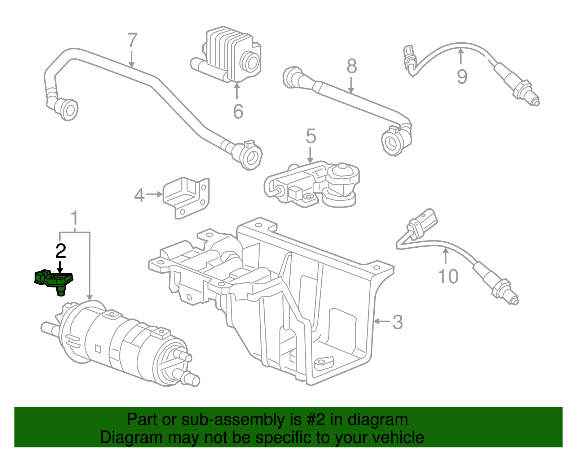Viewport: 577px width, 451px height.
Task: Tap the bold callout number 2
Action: [x=61, y=251]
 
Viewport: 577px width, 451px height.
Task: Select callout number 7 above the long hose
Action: [x=132, y=40]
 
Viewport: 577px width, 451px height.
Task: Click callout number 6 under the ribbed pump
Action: [x=238, y=111]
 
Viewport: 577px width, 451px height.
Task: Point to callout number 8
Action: [x=352, y=66]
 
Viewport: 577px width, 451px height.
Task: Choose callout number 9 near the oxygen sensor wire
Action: [x=462, y=77]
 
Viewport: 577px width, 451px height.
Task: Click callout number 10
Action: [x=448, y=277]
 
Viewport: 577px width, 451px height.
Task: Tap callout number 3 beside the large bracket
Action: [x=397, y=322]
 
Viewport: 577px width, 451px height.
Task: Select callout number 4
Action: [x=139, y=195]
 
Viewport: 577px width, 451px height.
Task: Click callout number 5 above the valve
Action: [x=310, y=136]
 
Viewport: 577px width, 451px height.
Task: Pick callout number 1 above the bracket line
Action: [x=74, y=218]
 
